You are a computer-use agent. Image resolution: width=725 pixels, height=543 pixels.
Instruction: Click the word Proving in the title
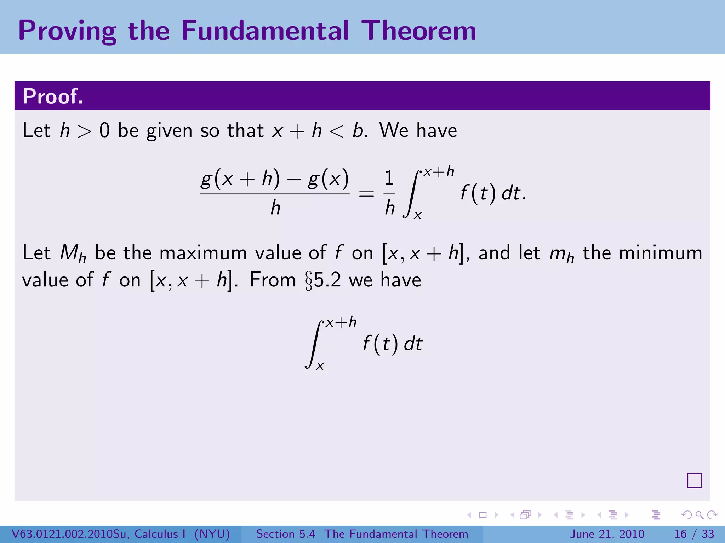[x=67, y=31]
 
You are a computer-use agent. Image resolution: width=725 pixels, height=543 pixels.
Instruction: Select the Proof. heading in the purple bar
[x=53, y=96]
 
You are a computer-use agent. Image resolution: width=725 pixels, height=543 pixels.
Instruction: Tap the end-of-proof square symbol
[x=694, y=480]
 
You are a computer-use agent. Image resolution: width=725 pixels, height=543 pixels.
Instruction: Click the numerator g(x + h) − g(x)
[x=275, y=179]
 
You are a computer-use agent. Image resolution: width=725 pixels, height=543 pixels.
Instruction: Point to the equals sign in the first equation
[x=366, y=194]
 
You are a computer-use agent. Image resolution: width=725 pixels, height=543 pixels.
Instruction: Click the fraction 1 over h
[x=389, y=193]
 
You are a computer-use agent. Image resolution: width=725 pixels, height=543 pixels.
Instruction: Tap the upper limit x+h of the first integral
[x=438, y=172]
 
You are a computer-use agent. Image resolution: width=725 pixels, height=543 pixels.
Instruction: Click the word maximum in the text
[x=203, y=253]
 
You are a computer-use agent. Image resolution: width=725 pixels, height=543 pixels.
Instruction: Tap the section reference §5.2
[x=322, y=280]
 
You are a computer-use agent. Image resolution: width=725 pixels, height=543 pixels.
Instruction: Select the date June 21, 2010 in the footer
[x=607, y=534]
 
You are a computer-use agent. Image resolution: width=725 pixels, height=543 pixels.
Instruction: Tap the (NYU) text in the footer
[x=212, y=534]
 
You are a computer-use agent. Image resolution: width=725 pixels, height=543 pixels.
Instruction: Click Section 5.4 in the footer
[x=285, y=534]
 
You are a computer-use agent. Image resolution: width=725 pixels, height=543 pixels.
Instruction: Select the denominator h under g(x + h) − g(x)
[x=275, y=208]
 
